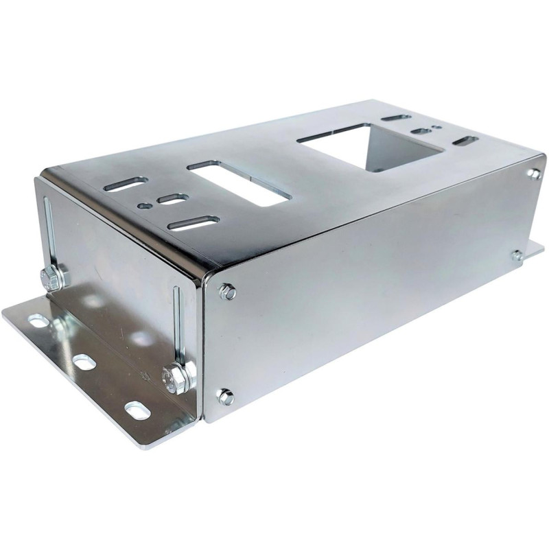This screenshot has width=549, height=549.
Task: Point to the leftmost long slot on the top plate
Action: (126, 184)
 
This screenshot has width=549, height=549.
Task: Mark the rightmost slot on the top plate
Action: (466, 141)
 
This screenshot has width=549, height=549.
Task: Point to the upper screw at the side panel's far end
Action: (534, 174)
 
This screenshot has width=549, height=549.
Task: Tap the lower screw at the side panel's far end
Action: (517, 256)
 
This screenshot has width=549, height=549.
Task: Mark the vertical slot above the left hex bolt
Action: (49, 230)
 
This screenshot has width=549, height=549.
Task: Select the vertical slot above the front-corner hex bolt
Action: (178, 323)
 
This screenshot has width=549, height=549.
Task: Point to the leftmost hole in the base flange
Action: (38, 320)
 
